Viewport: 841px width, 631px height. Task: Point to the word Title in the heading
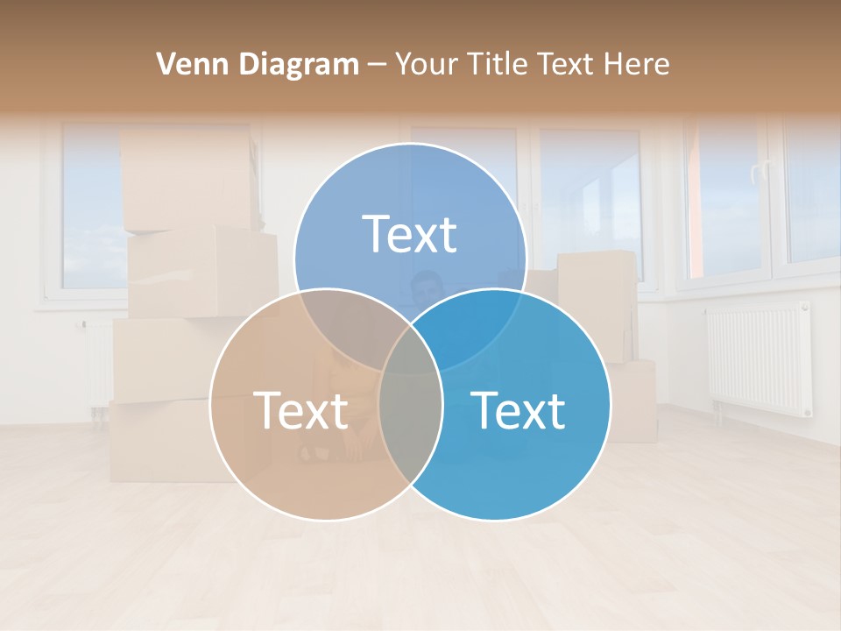(501, 64)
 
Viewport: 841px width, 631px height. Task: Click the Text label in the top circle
(410, 234)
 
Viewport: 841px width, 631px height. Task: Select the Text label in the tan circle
(300, 410)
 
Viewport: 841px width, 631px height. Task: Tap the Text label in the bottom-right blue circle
(518, 410)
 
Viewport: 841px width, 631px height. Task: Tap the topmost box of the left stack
(187, 180)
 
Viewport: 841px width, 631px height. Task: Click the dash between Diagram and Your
(377, 65)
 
